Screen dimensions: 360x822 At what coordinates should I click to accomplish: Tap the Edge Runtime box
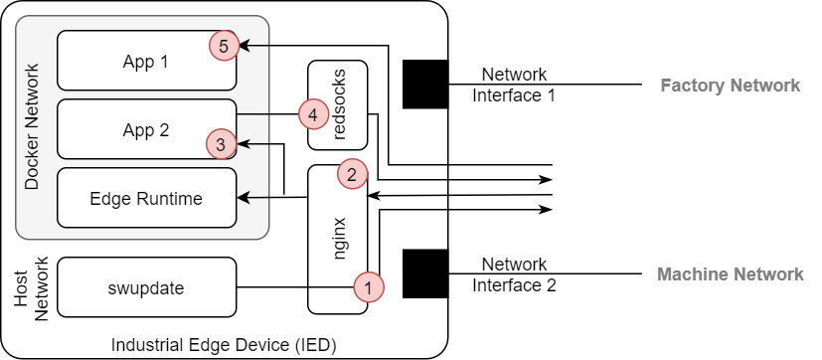(x=146, y=198)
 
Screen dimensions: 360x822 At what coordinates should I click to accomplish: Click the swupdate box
(x=146, y=288)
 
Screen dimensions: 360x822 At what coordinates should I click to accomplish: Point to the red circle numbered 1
(x=369, y=287)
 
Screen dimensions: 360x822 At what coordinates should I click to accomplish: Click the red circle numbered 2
(x=352, y=174)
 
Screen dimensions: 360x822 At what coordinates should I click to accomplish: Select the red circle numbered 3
(x=222, y=144)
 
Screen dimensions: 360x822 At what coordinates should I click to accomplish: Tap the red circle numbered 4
(x=313, y=114)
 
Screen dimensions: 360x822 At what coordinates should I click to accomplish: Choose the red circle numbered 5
(x=223, y=46)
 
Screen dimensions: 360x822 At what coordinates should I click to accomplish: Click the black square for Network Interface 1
(x=425, y=84)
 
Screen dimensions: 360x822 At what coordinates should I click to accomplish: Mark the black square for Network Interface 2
(x=425, y=273)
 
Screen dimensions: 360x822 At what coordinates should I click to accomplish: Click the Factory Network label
(x=730, y=86)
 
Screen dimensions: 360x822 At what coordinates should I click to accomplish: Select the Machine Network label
(x=730, y=274)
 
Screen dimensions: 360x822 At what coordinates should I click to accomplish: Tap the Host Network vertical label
(x=32, y=288)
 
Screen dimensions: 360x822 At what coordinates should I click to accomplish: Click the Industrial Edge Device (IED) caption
(x=224, y=345)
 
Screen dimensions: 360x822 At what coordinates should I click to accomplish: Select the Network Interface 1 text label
(x=514, y=85)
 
